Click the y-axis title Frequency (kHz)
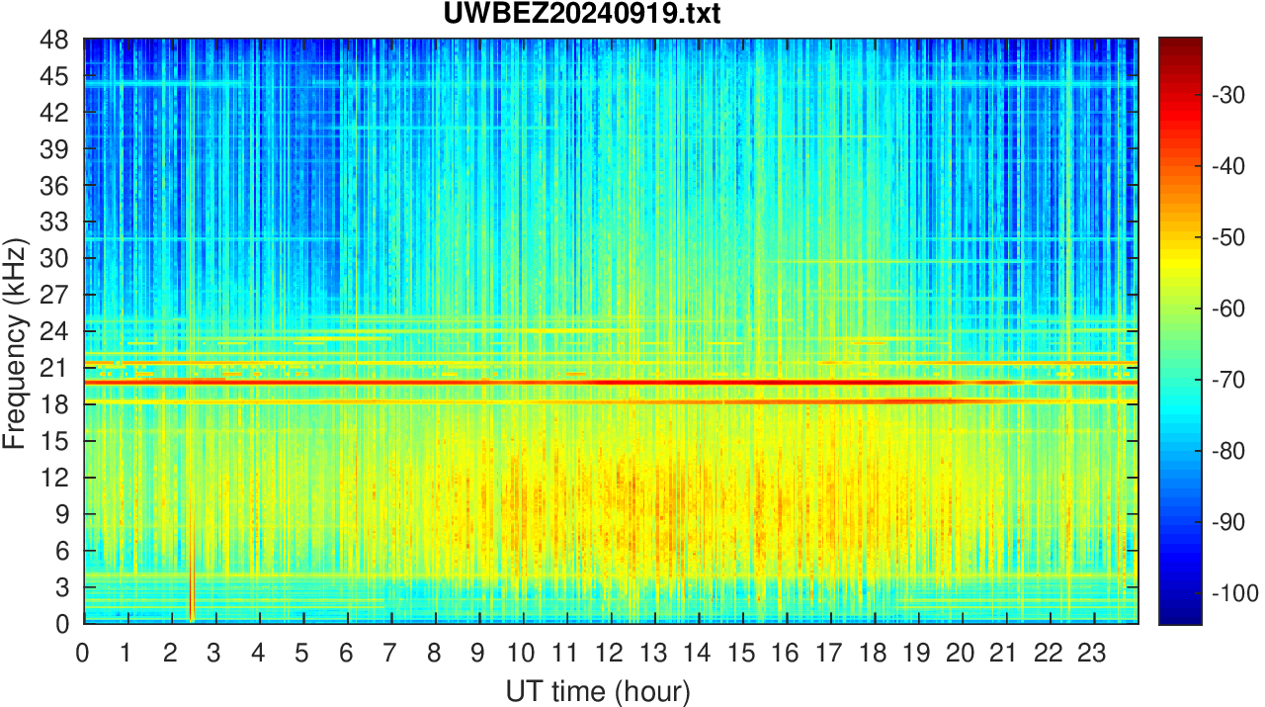(14, 341)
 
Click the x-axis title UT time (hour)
(598, 690)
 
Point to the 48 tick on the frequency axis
(53, 41)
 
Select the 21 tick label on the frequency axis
(53, 368)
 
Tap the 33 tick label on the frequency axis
(53, 222)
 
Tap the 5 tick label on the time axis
(301, 653)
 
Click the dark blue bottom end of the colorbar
(1180, 619)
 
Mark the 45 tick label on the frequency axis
(53, 76)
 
